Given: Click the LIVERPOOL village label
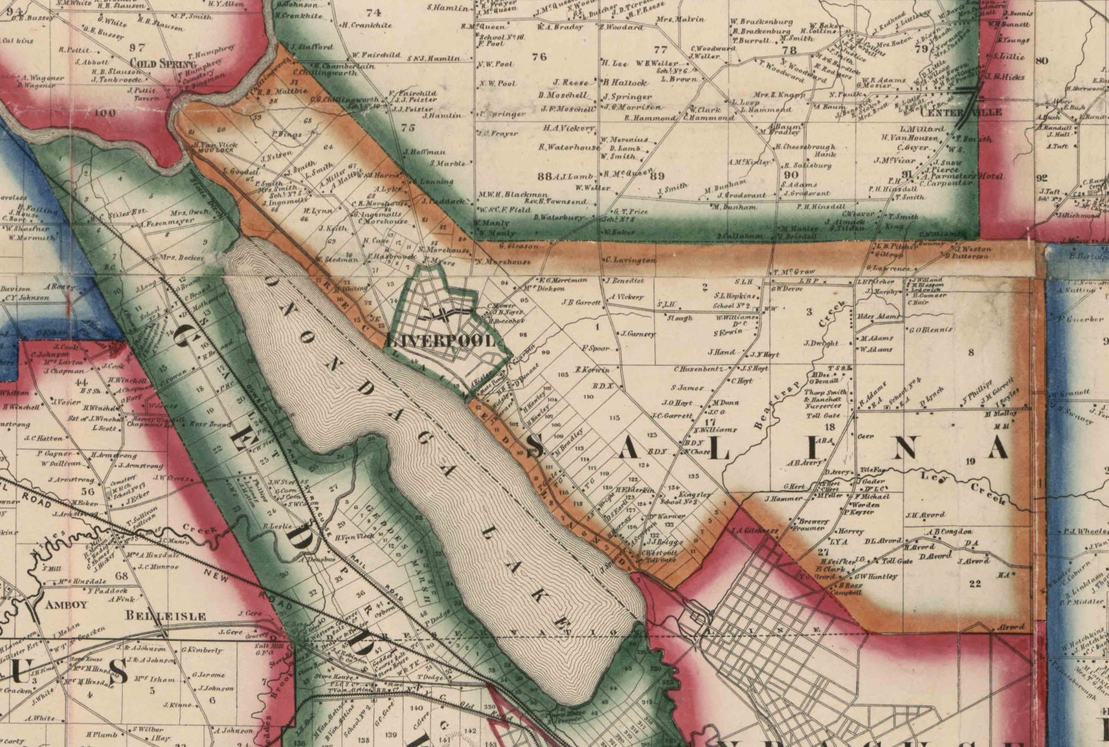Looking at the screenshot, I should pos(441,341).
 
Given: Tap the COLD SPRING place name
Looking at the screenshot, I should pos(154,64).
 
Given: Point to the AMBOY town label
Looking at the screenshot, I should pos(67,604).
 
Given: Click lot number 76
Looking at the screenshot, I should pos(539,57).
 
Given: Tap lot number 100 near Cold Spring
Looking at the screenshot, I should pos(106,113).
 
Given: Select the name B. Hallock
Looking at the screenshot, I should pos(625,82).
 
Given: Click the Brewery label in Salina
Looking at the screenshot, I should pos(813,521).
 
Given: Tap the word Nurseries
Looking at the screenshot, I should pos(821,406).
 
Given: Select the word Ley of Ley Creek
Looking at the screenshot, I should pos(929,477).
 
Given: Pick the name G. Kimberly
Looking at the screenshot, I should pos(202,650).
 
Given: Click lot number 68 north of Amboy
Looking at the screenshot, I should pos(122,576).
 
